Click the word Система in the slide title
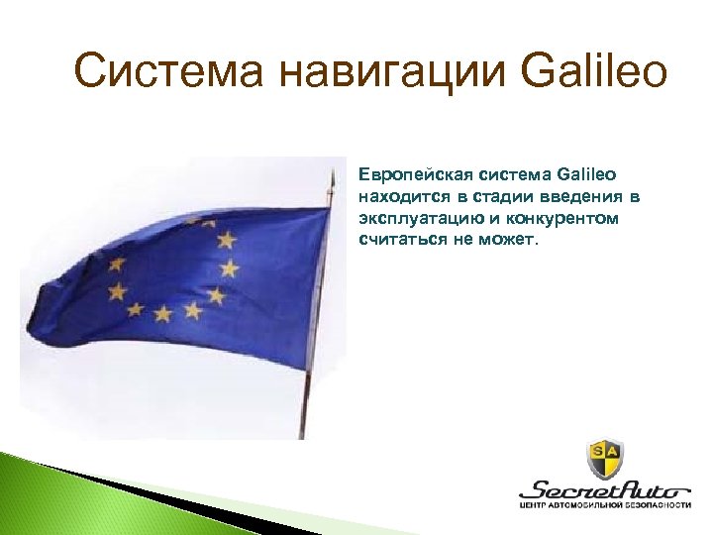[167, 71]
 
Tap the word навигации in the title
[386, 71]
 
